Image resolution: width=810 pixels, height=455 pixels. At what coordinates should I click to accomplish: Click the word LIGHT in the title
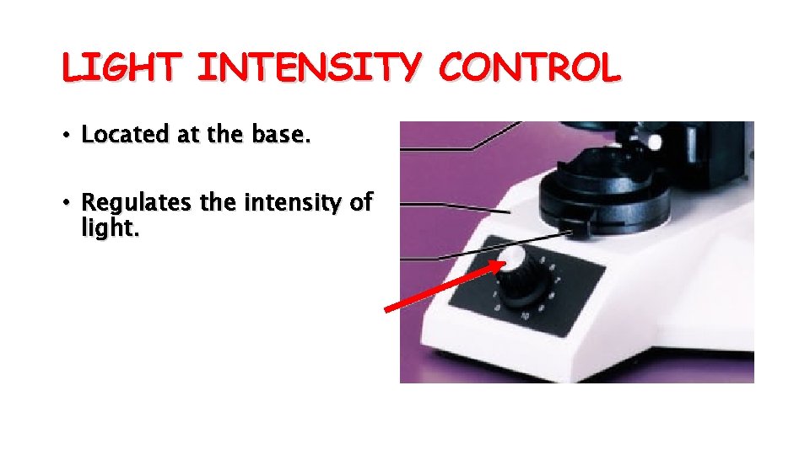click(x=120, y=68)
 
